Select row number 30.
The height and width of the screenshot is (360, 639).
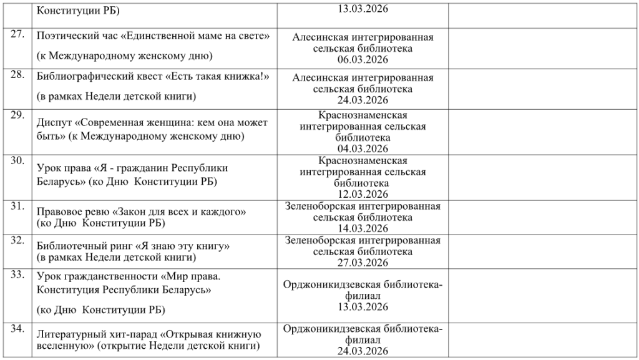tap(17, 160)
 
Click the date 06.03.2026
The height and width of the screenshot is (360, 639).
tap(363, 60)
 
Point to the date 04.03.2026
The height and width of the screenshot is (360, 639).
tap(363, 148)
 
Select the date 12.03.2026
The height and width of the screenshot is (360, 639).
tap(363, 195)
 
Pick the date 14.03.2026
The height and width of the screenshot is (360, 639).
tap(363, 228)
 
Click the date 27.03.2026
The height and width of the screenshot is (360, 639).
tap(363, 263)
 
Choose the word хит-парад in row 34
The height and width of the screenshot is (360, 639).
tap(130, 334)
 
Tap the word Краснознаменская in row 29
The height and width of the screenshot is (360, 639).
tap(363, 115)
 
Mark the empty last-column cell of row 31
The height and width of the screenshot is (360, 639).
tap(542, 217)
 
